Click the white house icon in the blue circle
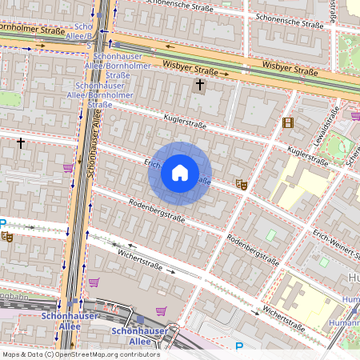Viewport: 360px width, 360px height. (x=180, y=173)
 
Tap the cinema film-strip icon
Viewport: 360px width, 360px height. (x=288, y=122)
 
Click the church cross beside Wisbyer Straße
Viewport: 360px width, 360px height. (x=199, y=84)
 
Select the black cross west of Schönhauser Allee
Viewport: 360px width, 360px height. (x=21, y=142)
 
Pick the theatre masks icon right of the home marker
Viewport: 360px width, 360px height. (x=241, y=184)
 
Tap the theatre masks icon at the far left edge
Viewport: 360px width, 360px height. (x=7, y=236)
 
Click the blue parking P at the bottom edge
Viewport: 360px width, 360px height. (x=239, y=347)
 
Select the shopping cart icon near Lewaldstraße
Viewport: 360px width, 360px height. (x=354, y=116)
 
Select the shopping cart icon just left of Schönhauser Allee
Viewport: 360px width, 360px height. (x=68, y=168)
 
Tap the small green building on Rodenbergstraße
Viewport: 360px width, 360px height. (x=270, y=235)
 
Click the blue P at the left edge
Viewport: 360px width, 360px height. (x=3, y=225)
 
